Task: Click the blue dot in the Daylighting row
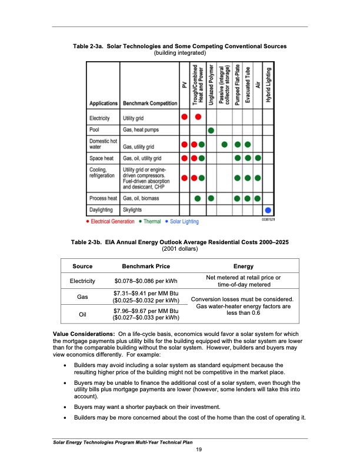pos(268,209)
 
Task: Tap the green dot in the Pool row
pos(211,129)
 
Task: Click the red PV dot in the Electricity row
pos(185,116)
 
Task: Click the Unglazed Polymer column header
pos(211,82)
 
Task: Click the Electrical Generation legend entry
pos(110,222)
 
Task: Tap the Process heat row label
pos(103,198)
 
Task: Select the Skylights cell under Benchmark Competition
pos(133,209)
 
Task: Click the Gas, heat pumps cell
pos(141,129)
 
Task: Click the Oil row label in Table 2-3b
pos(82,314)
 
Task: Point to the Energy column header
pos(244,266)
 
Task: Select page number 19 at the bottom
pos(199,450)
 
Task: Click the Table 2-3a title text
pos(179,46)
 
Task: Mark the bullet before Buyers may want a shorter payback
pos(65,407)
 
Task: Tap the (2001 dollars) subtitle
pos(179,248)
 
